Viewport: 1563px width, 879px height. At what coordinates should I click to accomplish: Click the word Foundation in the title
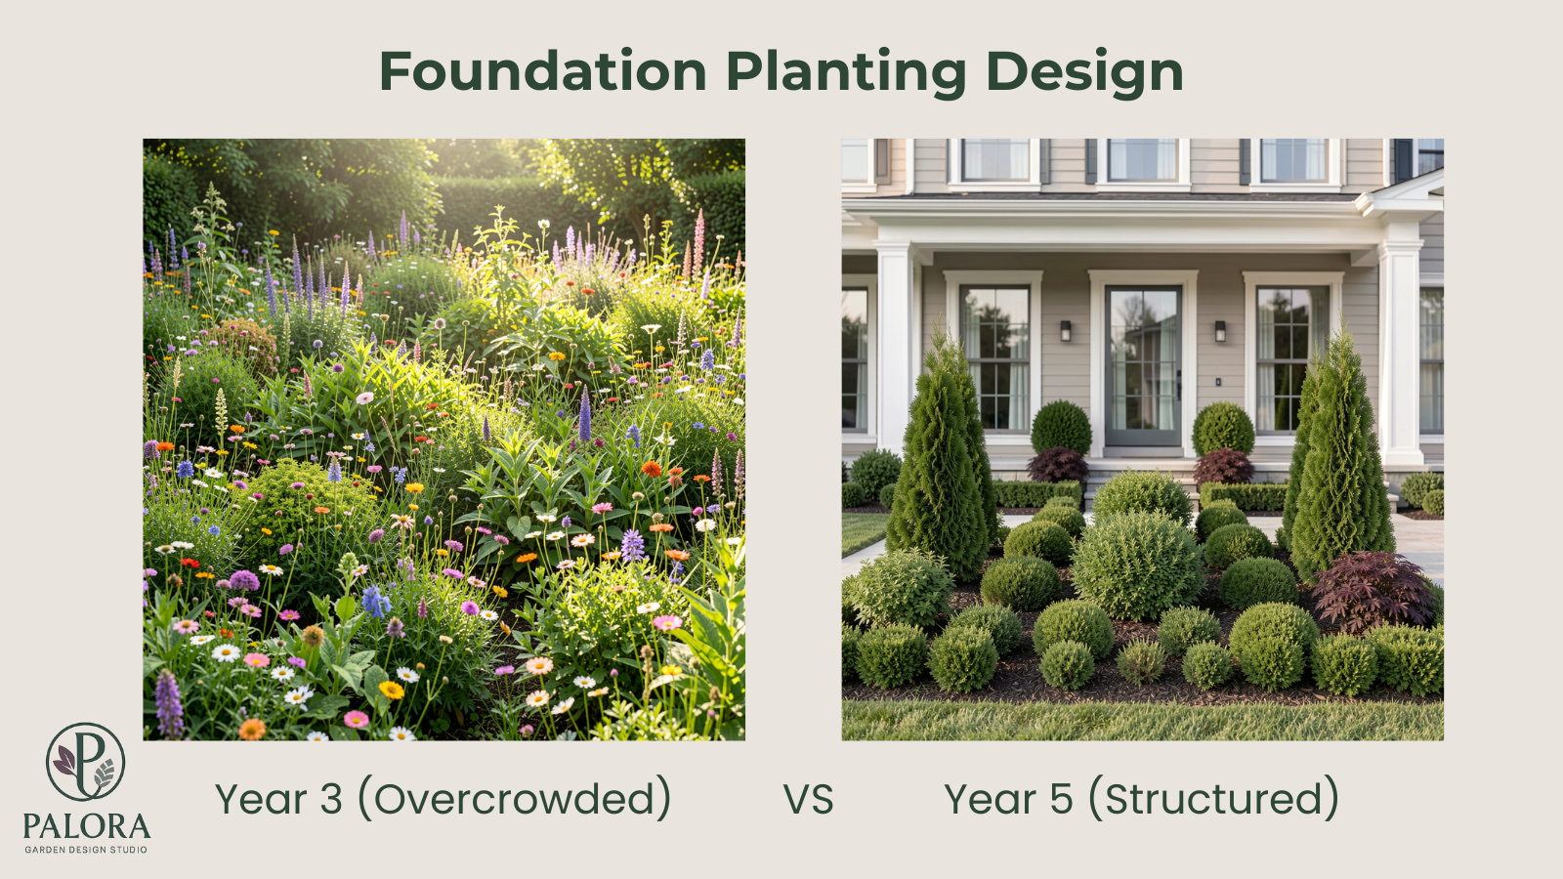pyautogui.click(x=542, y=72)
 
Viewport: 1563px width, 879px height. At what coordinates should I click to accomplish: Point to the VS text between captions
pyautogui.click(x=808, y=800)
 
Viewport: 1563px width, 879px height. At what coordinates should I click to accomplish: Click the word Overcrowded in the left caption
pyautogui.click(x=514, y=799)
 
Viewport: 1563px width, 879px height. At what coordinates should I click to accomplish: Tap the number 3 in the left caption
pyautogui.click(x=331, y=800)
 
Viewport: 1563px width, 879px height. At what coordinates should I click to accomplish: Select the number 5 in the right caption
pyautogui.click(x=1061, y=800)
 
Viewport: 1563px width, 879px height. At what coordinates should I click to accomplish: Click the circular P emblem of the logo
pyautogui.click(x=86, y=762)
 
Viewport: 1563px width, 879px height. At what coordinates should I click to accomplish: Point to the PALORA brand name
pyautogui.click(x=86, y=827)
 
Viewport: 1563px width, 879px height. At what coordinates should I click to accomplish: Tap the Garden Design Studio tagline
pyautogui.click(x=86, y=850)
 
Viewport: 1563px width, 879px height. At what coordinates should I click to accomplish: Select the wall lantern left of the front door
pyautogui.click(x=1066, y=330)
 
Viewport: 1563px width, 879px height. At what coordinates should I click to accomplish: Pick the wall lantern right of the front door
pyautogui.click(x=1220, y=330)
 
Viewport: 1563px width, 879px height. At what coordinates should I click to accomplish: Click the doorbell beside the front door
pyautogui.click(x=1217, y=381)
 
